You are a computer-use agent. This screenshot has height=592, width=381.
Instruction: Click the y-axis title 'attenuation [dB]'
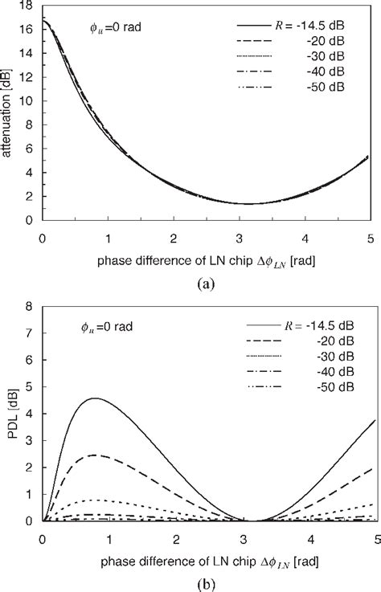click(10, 112)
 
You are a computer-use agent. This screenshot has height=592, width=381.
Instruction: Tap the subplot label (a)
click(201, 283)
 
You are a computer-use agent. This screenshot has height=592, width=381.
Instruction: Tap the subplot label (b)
click(201, 582)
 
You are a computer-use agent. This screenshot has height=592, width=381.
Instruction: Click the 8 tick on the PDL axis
click(31, 306)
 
